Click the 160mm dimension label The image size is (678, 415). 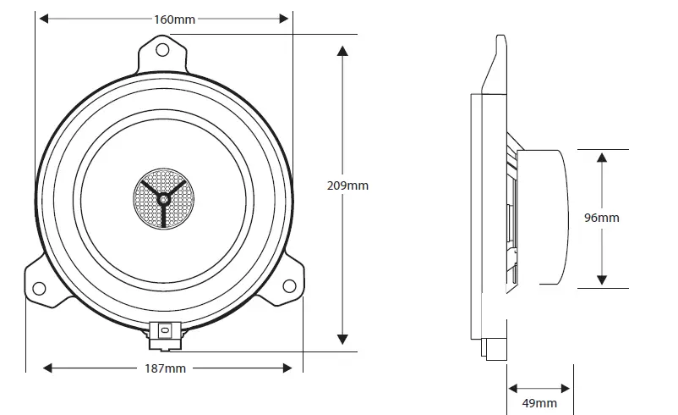pos(164,19)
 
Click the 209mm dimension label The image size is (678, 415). pos(347,185)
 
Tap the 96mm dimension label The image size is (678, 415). pos(602,218)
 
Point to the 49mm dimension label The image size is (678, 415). pos(539,403)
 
